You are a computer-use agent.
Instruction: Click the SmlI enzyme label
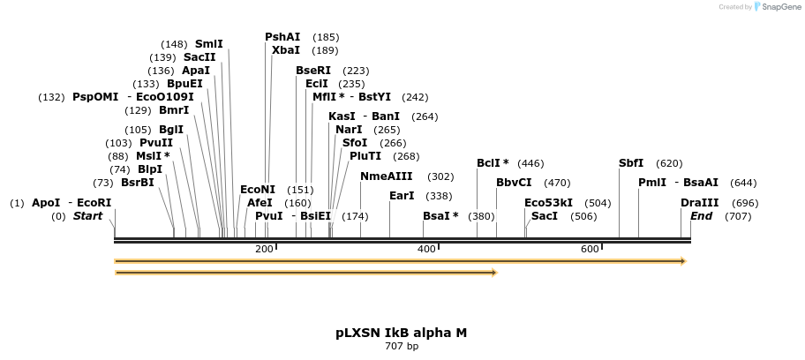tap(209, 44)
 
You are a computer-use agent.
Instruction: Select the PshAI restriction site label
tap(282, 37)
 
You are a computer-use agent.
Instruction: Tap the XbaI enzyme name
tap(286, 50)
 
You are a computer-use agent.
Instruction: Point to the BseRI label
tap(313, 71)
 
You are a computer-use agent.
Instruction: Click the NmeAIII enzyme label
tap(387, 176)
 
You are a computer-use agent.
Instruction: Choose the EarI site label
tap(402, 196)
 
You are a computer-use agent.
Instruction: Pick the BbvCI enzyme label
tap(514, 183)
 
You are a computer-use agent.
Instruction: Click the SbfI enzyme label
tap(631, 163)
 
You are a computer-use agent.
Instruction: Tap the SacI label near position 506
tap(545, 216)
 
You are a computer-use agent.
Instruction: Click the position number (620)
tap(669, 163)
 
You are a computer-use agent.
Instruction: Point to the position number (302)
tap(440, 176)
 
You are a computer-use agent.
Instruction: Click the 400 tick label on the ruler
tap(426, 250)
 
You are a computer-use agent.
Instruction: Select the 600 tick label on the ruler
tap(590, 250)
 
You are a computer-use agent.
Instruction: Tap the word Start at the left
tap(87, 216)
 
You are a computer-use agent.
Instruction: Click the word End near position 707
tap(701, 216)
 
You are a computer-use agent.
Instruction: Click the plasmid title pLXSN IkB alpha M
tap(401, 333)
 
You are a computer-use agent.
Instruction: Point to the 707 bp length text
tap(402, 346)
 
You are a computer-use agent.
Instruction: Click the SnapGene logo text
tap(779, 7)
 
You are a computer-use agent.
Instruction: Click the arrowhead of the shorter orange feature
tap(494, 273)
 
